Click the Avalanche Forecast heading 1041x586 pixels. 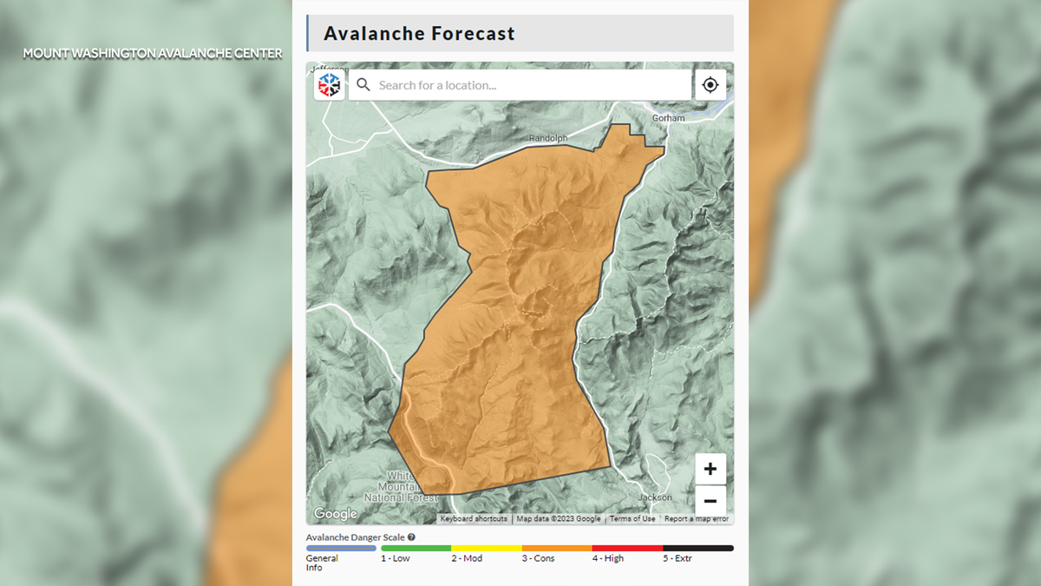(x=419, y=34)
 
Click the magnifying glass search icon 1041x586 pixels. (x=363, y=85)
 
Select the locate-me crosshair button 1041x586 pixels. (x=710, y=85)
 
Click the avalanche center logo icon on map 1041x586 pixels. (x=330, y=85)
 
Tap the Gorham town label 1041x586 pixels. (x=668, y=118)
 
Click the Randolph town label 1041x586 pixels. (x=548, y=138)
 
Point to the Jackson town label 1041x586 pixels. (x=654, y=497)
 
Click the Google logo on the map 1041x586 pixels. (x=336, y=514)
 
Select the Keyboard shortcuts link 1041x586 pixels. (x=474, y=519)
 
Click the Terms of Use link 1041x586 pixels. (x=632, y=519)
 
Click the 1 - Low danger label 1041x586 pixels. (x=396, y=558)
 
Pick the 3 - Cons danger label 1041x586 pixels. (x=539, y=558)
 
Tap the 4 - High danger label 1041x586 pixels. (x=608, y=558)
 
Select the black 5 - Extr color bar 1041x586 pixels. (x=697, y=549)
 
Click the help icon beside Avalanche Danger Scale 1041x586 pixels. (x=411, y=537)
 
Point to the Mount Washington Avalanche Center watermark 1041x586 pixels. (x=153, y=54)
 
